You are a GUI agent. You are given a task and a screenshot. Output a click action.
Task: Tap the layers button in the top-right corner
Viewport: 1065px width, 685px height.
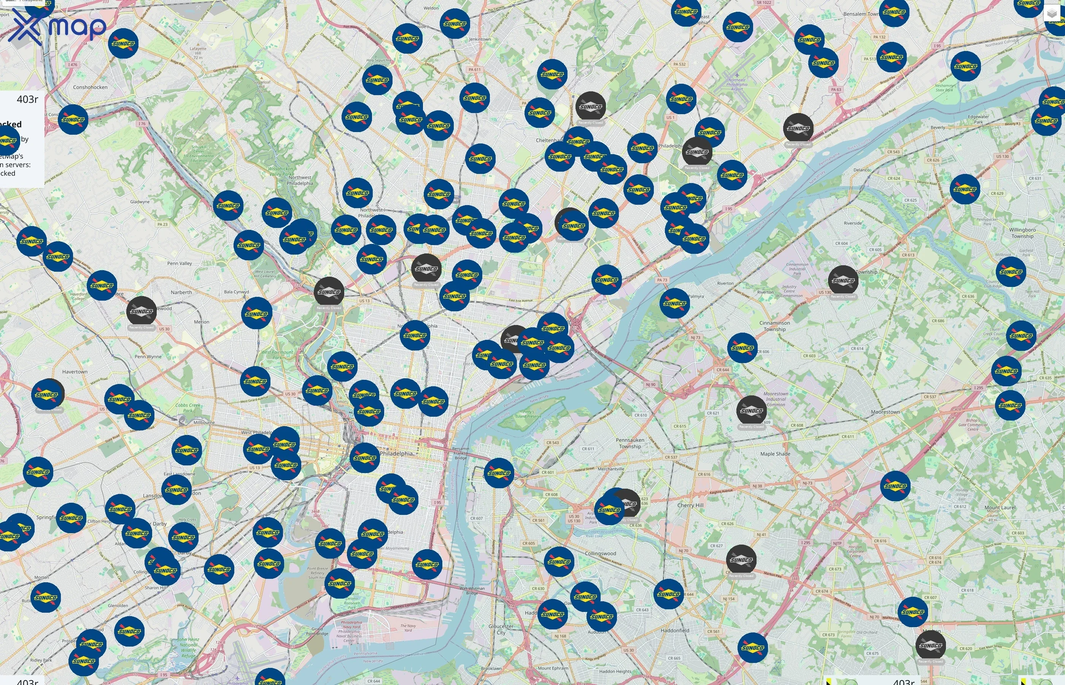(x=1052, y=14)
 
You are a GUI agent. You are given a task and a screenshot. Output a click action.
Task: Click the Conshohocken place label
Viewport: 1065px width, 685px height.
(x=90, y=87)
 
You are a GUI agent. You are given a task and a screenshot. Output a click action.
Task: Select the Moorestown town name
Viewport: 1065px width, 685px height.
(x=885, y=412)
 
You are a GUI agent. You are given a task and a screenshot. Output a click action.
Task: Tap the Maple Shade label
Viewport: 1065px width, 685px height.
(x=775, y=454)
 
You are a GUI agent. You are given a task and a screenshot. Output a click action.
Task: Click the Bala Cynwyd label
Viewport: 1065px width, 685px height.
(x=237, y=292)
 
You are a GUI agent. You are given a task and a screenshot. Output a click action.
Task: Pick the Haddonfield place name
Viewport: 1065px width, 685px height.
(x=675, y=630)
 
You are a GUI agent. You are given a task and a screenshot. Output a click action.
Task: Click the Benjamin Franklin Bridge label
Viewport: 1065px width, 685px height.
(x=461, y=453)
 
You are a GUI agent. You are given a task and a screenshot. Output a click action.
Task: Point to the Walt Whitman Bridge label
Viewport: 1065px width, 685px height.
(x=472, y=590)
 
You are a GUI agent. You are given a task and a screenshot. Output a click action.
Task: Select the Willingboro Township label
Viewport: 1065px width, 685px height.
(x=1022, y=233)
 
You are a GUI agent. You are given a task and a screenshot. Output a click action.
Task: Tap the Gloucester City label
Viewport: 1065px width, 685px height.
(x=501, y=629)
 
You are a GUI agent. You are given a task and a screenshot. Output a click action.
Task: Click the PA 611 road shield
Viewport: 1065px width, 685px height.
(x=474, y=69)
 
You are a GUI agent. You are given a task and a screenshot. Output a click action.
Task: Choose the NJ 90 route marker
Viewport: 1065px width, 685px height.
(x=651, y=384)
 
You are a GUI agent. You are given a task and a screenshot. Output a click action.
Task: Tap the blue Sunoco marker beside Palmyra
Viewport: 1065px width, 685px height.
(x=674, y=303)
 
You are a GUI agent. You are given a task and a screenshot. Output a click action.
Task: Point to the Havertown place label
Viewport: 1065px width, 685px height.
(x=75, y=372)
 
